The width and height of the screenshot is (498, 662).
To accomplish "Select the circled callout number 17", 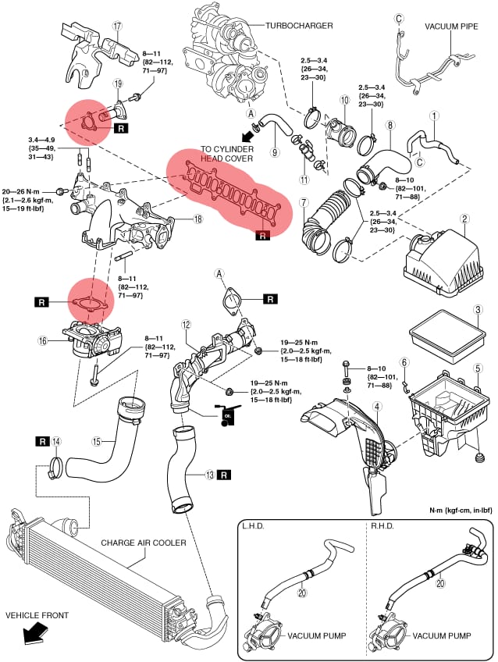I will tap(118, 26).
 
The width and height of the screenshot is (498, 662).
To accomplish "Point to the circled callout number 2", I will tap(464, 219).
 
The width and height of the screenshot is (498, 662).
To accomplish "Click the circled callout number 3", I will tap(476, 309).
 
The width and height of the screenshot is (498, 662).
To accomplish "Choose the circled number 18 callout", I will tap(198, 219).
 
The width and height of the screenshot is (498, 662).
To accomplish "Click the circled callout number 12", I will tap(185, 324).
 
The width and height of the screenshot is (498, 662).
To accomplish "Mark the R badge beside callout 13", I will tap(224, 474).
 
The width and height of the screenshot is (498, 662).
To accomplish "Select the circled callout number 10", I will tap(343, 100).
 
